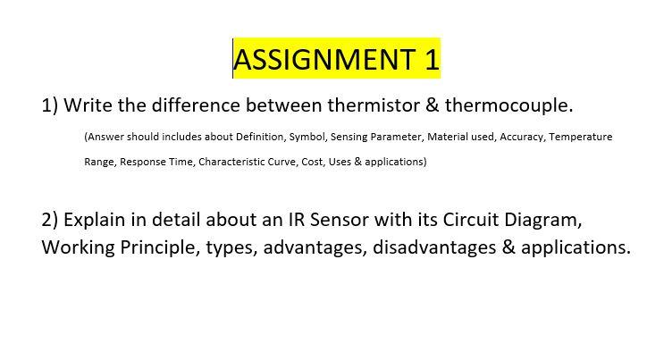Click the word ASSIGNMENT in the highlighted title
[x=324, y=59]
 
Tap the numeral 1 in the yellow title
[x=432, y=59]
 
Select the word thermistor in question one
[x=374, y=105]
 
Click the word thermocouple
[x=508, y=106]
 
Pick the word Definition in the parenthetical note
[x=260, y=137]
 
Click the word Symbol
[x=307, y=137]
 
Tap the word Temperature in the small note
[x=581, y=137]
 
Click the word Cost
[x=313, y=162]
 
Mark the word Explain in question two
[x=95, y=221]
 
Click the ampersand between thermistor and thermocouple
[x=432, y=105]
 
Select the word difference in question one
[x=196, y=105]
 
